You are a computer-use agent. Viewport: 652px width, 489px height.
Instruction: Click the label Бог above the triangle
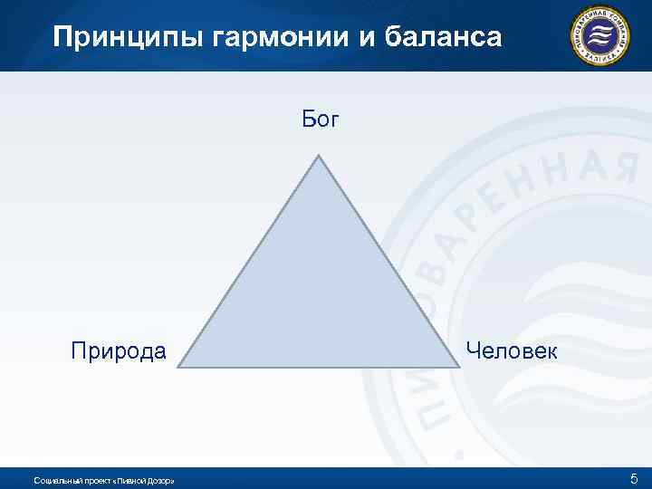click(x=320, y=120)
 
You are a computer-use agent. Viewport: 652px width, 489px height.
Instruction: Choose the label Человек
click(x=512, y=350)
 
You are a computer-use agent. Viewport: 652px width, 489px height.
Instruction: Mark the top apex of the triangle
click(x=319, y=155)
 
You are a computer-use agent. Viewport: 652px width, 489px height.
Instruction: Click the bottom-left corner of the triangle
click(x=179, y=367)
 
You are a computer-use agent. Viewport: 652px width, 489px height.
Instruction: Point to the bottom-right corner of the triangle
click(x=459, y=367)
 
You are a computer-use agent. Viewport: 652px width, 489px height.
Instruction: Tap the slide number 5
click(x=634, y=478)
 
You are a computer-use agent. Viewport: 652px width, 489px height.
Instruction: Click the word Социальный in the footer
click(x=53, y=480)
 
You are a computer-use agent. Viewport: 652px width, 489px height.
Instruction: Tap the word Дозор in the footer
click(x=158, y=480)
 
